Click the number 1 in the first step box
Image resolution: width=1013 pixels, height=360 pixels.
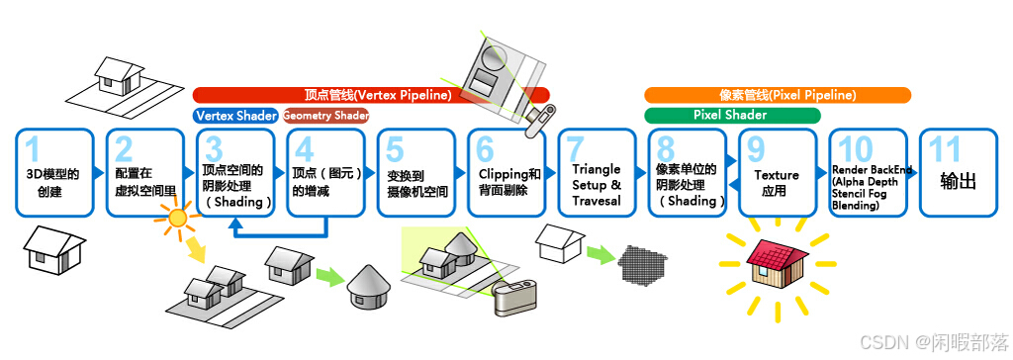coord(33,149)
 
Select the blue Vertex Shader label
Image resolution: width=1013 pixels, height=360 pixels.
coord(235,116)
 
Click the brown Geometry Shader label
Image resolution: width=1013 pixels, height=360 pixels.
coord(325,116)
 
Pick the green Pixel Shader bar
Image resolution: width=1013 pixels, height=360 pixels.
coord(732,116)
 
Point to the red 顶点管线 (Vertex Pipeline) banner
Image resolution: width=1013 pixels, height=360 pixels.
coord(370,95)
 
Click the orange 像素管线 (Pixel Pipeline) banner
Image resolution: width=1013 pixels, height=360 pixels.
coord(778,95)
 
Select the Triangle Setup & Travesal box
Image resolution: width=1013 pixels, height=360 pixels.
coord(597,172)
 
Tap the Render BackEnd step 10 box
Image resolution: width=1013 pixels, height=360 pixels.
coord(867,172)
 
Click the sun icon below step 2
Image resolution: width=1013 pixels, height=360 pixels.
coord(179,219)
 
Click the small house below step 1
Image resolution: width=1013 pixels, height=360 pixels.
coord(49,248)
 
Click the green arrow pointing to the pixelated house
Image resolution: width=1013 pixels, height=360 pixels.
coord(599,255)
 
